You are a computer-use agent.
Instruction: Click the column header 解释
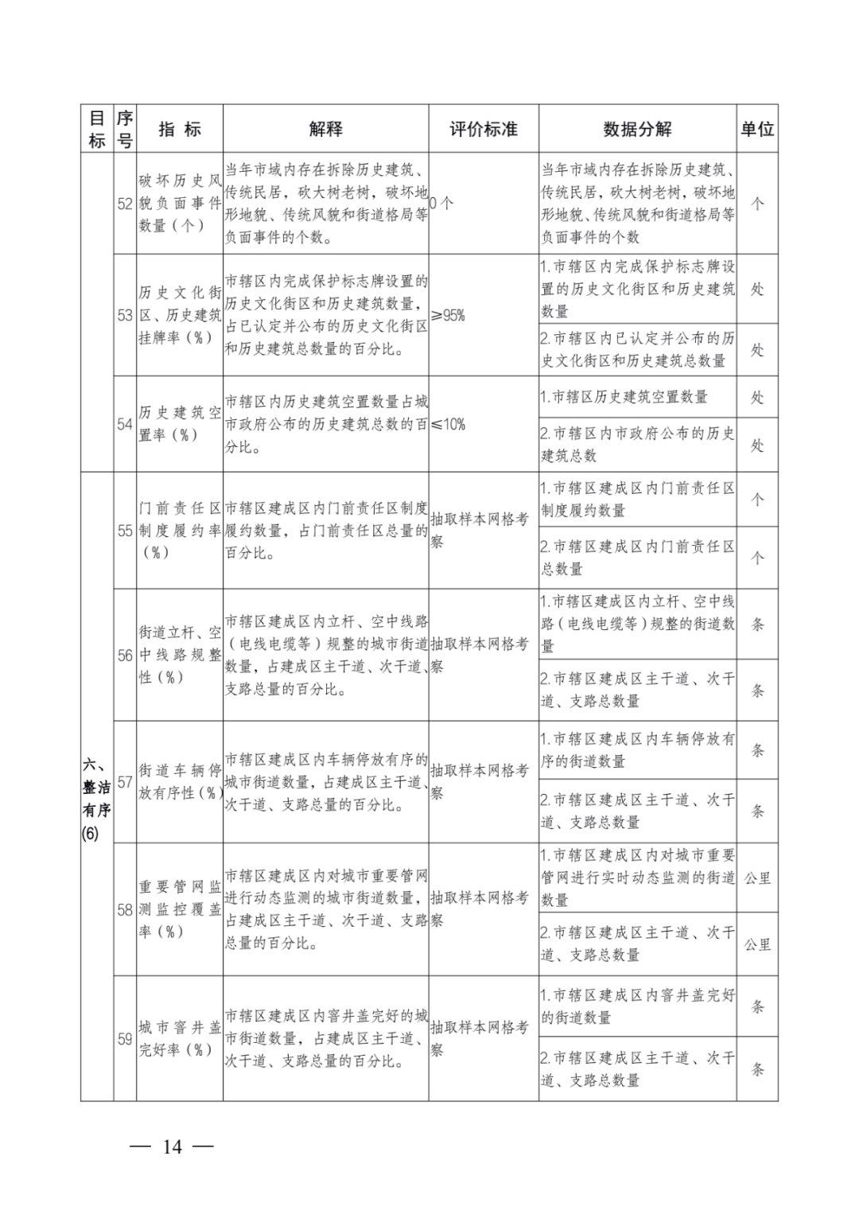click(x=325, y=129)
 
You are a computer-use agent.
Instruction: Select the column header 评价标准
click(x=484, y=129)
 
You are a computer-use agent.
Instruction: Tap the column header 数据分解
click(x=637, y=129)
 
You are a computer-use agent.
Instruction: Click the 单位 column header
click(x=757, y=129)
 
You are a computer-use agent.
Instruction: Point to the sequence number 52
click(x=125, y=204)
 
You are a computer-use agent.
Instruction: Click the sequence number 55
click(x=125, y=531)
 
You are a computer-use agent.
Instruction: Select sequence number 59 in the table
click(x=125, y=1039)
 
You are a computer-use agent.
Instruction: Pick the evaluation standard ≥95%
click(x=449, y=315)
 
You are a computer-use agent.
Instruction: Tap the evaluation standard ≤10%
click(x=449, y=424)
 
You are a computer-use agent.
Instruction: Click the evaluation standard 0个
click(x=442, y=204)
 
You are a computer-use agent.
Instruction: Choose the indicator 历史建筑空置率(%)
click(x=180, y=423)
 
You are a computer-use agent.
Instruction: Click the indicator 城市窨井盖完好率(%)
click(x=180, y=1038)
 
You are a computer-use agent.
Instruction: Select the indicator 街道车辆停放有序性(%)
click(x=180, y=781)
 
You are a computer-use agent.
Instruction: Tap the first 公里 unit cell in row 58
click(x=757, y=878)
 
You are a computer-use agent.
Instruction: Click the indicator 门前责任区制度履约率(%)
click(x=180, y=530)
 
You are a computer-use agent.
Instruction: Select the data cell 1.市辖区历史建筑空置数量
click(x=624, y=397)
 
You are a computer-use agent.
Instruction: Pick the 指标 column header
click(x=180, y=129)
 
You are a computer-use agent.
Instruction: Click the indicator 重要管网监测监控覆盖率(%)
click(x=180, y=909)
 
